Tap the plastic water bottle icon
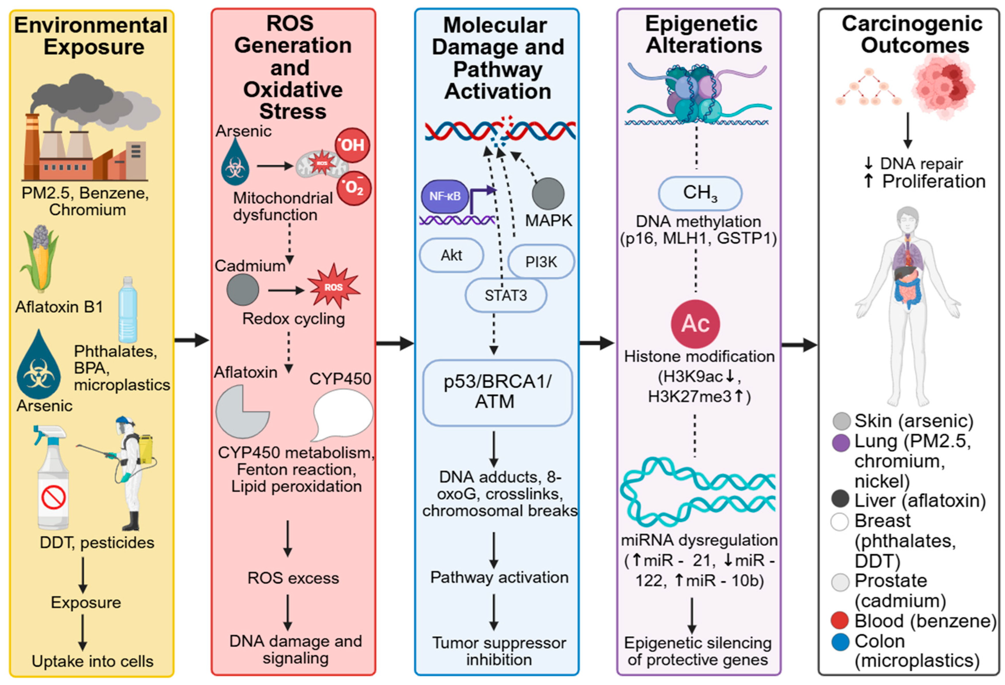tap(128, 310)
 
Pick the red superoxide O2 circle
tap(354, 188)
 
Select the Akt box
tap(451, 255)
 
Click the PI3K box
tap(541, 262)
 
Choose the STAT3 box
tap(506, 296)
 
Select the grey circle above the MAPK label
tap(548, 194)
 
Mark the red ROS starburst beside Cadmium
tap(333, 287)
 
